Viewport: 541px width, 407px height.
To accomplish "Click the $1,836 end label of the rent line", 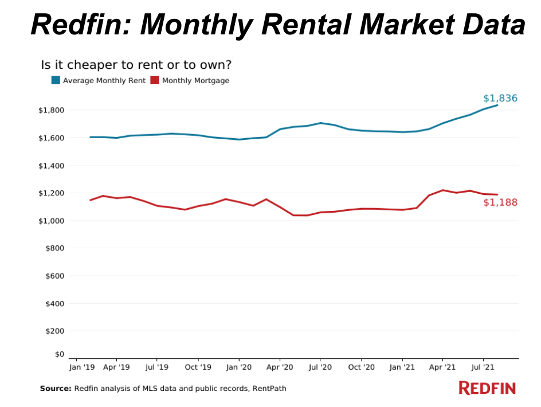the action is (500, 99).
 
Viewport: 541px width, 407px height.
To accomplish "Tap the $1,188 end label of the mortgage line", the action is (500, 202).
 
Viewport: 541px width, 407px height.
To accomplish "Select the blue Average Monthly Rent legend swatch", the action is (56, 80).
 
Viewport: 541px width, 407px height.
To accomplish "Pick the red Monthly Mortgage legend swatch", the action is (155, 80).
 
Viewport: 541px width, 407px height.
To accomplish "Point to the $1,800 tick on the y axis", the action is (51, 111).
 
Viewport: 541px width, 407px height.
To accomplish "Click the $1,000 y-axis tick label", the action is (51, 221).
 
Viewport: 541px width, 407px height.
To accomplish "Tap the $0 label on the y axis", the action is (60, 354).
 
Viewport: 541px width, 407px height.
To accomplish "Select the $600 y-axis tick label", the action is (54, 276).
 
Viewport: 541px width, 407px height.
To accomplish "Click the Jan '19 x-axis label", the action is (82, 367).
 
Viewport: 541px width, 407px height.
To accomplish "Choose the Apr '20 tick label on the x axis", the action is (280, 367).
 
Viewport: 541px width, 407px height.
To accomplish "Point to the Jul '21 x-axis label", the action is (483, 367).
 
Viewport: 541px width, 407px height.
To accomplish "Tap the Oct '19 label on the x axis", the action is (198, 367).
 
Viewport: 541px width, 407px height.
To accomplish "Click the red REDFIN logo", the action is (487, 388).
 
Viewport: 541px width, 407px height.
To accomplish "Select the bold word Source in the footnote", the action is (56, 389).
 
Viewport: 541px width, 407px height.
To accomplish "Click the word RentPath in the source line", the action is (269, 389).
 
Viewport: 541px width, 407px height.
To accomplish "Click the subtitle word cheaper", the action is (94, 65).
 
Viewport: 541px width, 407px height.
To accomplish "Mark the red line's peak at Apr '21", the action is (442, 190).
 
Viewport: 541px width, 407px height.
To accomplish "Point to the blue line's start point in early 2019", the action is (91, 137).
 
